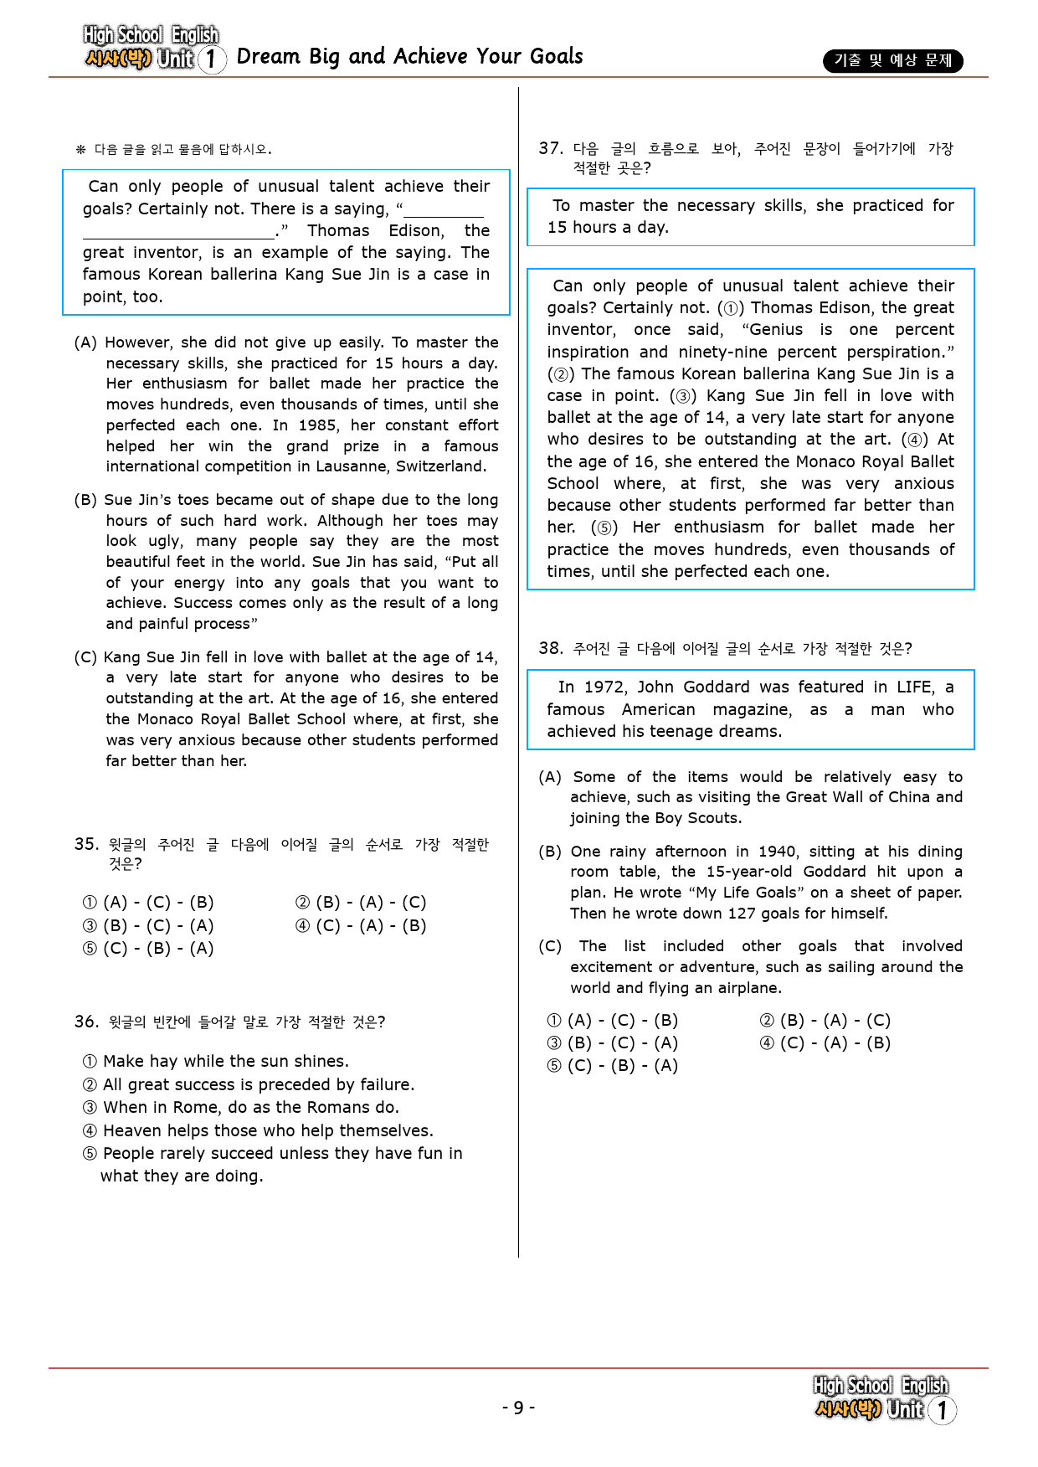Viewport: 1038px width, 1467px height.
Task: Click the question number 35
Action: coord(86,844)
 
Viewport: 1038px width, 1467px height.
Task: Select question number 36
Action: coord(86,1022)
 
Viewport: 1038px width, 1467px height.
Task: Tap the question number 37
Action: coord(550,148)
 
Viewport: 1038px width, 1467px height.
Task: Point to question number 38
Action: coord(550,648)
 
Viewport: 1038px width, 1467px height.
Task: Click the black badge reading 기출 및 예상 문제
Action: coord(892,60)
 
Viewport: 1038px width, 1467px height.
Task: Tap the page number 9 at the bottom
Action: coord(518,1408)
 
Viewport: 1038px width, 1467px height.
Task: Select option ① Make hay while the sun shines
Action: coord(216,1062)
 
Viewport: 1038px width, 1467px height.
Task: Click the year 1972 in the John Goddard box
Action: coord(604,687)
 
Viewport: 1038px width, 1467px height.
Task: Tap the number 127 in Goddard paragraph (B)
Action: coord(742,914)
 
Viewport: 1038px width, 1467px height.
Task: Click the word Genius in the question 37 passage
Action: coord(775,330)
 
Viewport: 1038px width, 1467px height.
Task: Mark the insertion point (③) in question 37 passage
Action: coord(683,396)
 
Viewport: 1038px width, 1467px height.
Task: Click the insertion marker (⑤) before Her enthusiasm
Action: coord(604,528)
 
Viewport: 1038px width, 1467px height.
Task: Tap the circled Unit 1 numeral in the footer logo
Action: coord(943,1410)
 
